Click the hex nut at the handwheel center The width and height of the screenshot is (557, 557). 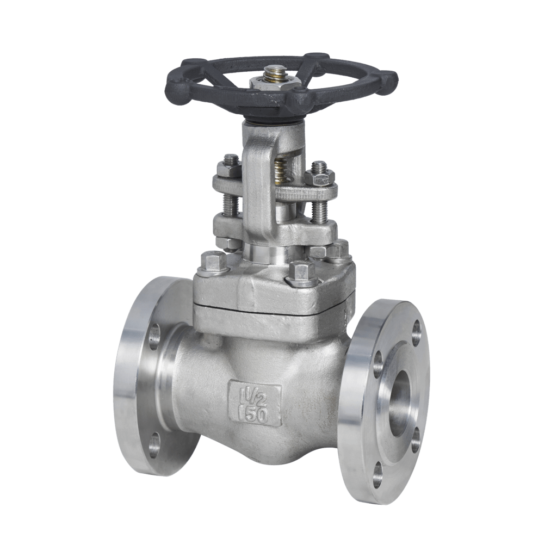[275, 83]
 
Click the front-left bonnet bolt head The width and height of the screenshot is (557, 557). [214, 262]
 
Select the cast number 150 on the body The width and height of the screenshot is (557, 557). [255, 414]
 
